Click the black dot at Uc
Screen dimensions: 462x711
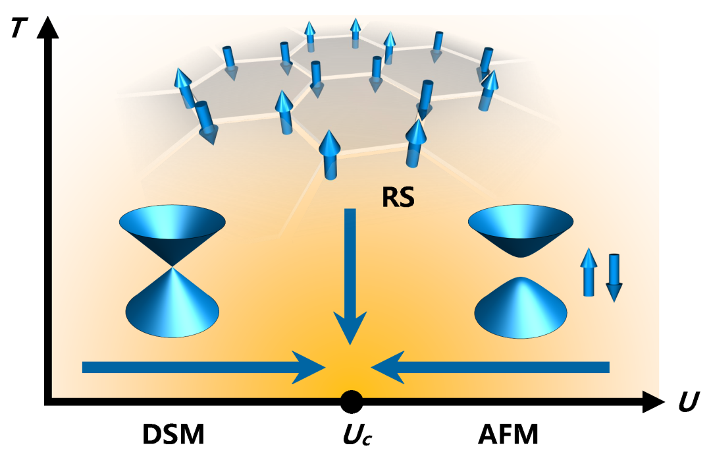coord(351,400)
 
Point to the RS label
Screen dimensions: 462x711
coord(399,196)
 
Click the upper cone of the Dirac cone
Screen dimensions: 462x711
coord(172,231)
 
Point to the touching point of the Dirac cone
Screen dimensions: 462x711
coord(172,266)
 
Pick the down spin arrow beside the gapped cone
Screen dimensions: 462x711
coord(614,277)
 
